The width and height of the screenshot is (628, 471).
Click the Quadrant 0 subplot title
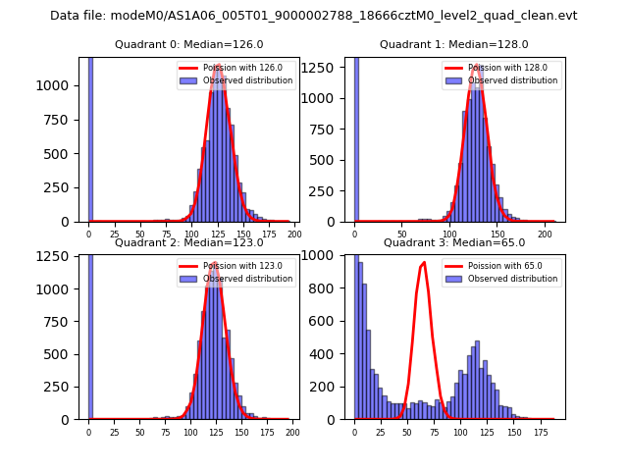click(188, 44)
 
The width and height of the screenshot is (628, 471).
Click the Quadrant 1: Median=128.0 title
click(454, 44)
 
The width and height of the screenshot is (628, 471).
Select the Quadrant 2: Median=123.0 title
click(188, 242)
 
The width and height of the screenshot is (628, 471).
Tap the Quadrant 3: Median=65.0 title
click(454, 242)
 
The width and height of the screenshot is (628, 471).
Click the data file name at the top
click(313, 16)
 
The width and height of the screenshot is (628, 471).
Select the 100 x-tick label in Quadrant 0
click(190, 235)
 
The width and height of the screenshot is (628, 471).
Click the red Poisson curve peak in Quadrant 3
click(423, 263)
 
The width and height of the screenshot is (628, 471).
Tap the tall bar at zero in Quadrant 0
click(90, 137)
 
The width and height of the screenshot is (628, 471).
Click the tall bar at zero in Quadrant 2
click(90, 334)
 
